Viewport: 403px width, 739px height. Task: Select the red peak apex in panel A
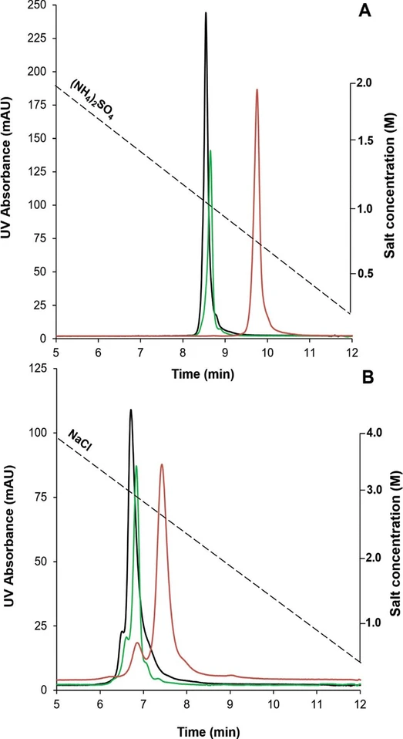257,89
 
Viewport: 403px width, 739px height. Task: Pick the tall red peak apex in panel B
162,464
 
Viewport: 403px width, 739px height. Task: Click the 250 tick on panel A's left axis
37,6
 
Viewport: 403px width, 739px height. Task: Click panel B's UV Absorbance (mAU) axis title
11,532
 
